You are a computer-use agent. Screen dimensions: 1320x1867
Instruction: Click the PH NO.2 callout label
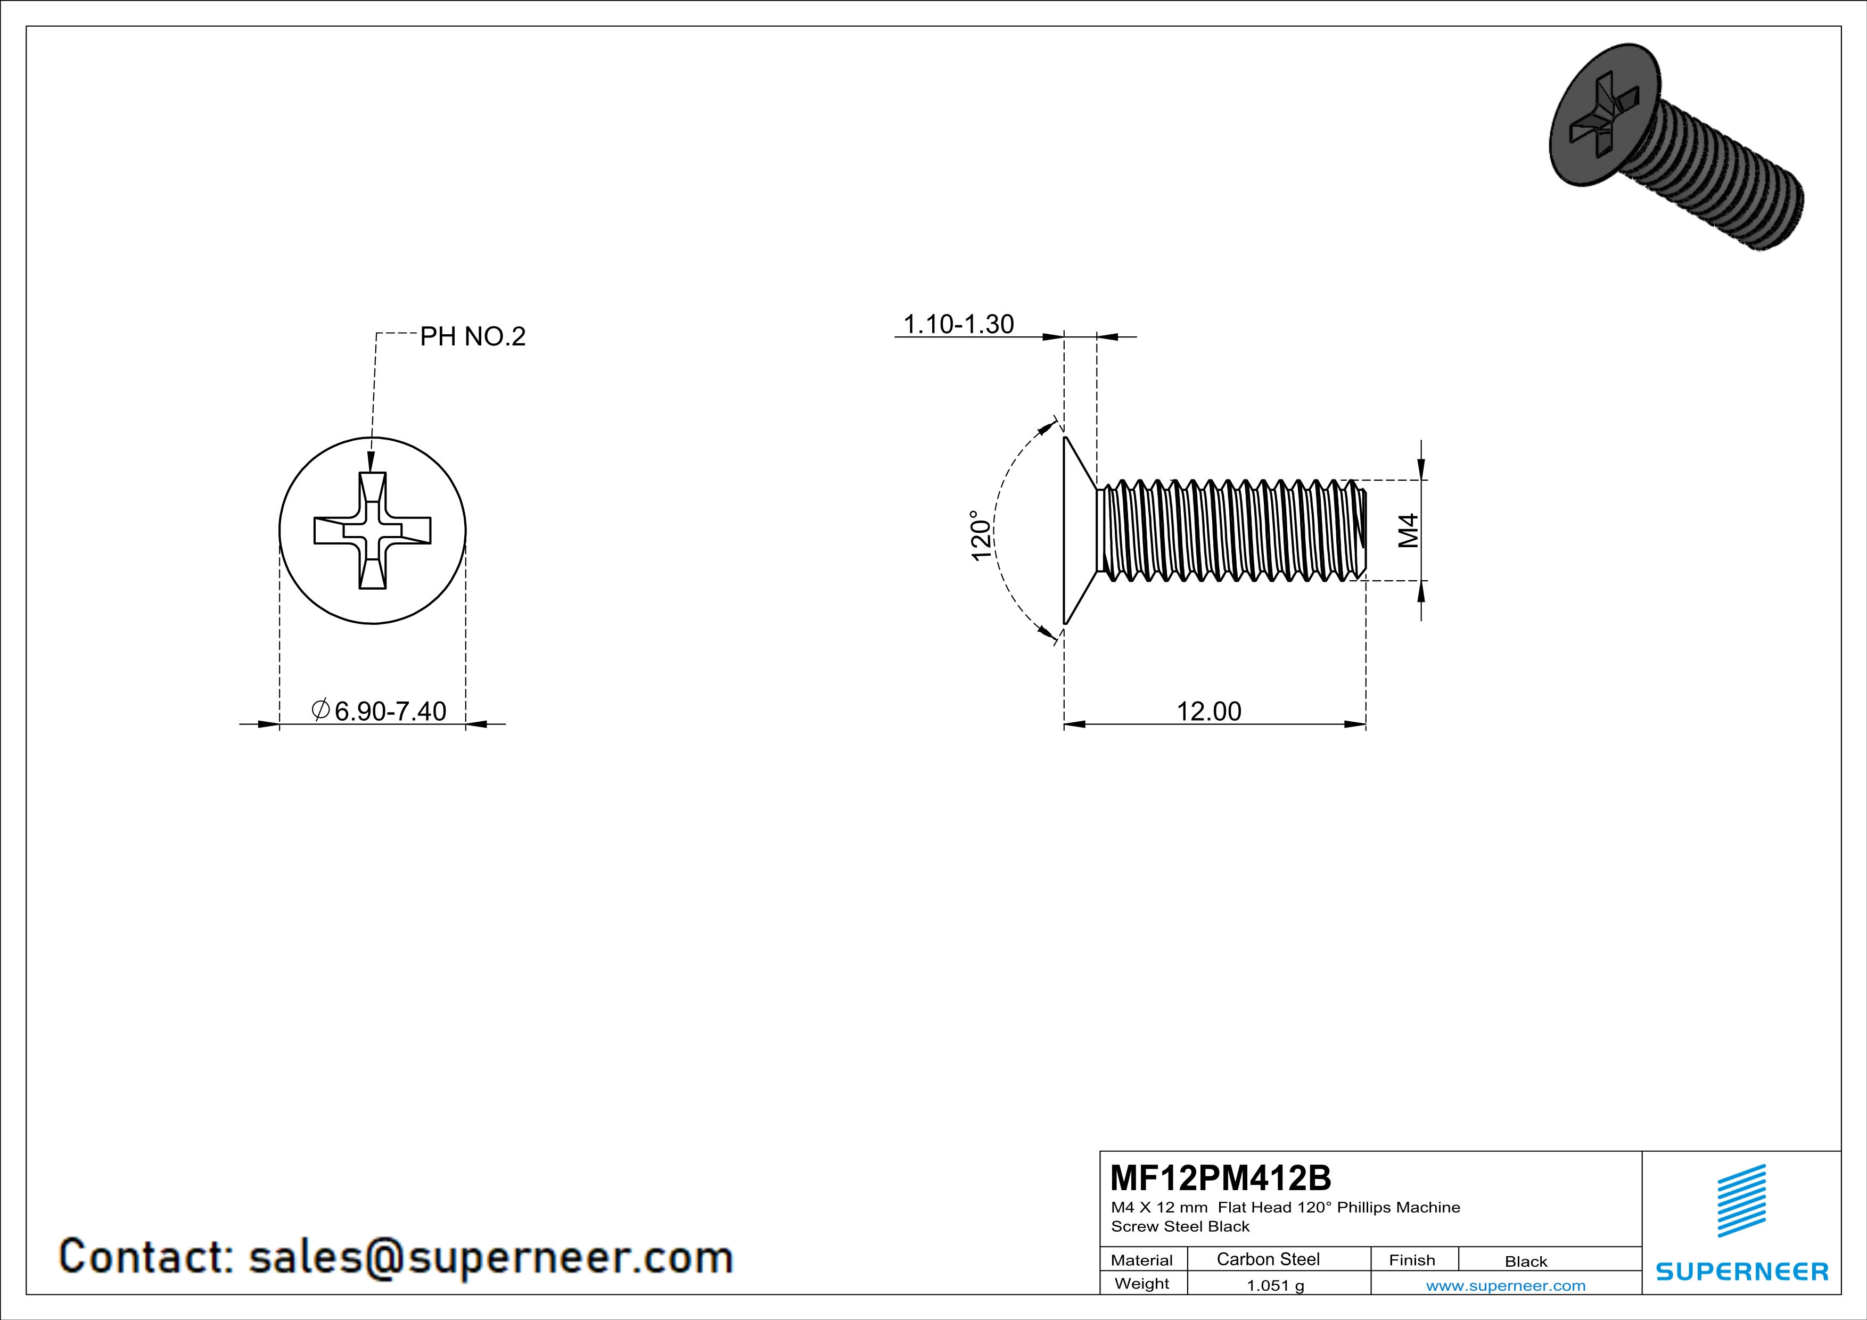click(x=472, y=336)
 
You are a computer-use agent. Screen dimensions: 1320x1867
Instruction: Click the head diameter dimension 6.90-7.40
click(x=390, y=711)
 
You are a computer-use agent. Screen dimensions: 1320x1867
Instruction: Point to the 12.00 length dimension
click(x=1208, y=711)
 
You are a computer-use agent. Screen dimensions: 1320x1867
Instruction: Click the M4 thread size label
click(x=1409, y=530)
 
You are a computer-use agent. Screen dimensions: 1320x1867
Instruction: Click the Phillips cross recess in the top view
click(x=373, y=531)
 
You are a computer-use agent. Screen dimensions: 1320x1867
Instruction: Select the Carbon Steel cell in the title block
click(x=1267, y=1259)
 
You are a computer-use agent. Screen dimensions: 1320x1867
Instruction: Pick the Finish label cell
click(x=1412, y=1260)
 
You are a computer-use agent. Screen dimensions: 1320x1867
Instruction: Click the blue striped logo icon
click(x=1741, y=1201)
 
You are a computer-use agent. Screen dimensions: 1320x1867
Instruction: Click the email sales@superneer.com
click(x=490, y=1257)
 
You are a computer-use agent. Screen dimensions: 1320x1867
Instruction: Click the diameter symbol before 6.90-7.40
click(x=320, y=709)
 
